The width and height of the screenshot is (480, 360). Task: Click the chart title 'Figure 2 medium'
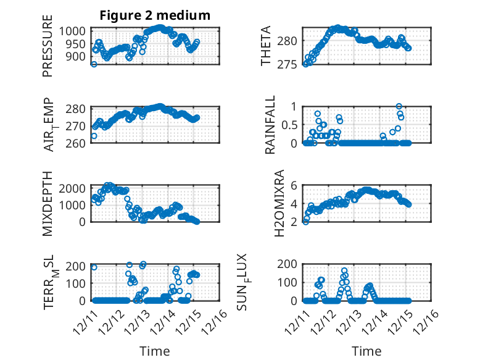(155, 15)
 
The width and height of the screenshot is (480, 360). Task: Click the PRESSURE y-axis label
(48, 50)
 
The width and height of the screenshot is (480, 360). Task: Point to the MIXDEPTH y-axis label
(48, 203)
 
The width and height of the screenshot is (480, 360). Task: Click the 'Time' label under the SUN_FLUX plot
(366, 351)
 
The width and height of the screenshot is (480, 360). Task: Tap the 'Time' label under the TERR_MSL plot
(155, 351)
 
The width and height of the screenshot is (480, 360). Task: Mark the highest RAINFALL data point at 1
(399, 106)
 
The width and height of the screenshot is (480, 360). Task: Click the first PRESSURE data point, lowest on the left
(94, 64)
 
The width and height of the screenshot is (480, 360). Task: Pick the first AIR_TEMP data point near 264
(94, 136)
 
